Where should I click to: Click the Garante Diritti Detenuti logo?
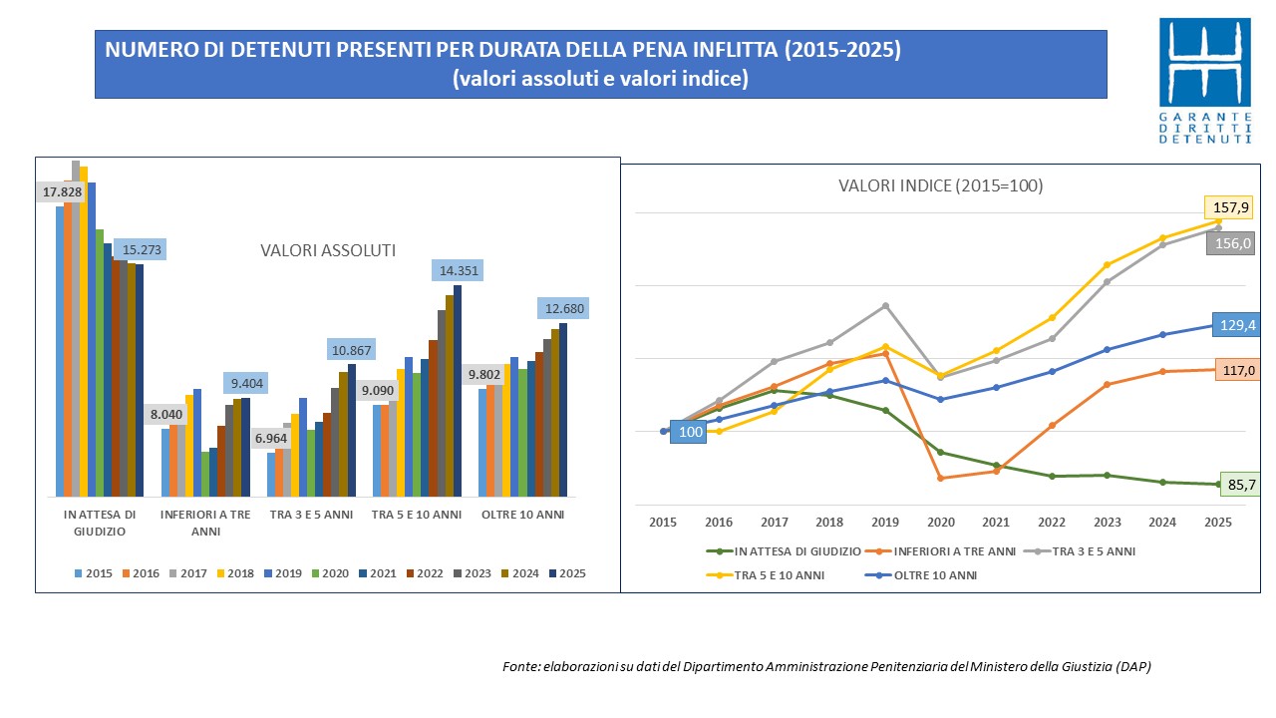pos(1204,80)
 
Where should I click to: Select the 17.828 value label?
pos(62,191)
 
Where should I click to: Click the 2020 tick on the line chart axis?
pos(941,522)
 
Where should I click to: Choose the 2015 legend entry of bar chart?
pos(93,573)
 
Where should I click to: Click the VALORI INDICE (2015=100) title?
pos(940,185)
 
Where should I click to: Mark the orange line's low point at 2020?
pos(941,478)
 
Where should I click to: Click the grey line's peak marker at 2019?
pos(885,305)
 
